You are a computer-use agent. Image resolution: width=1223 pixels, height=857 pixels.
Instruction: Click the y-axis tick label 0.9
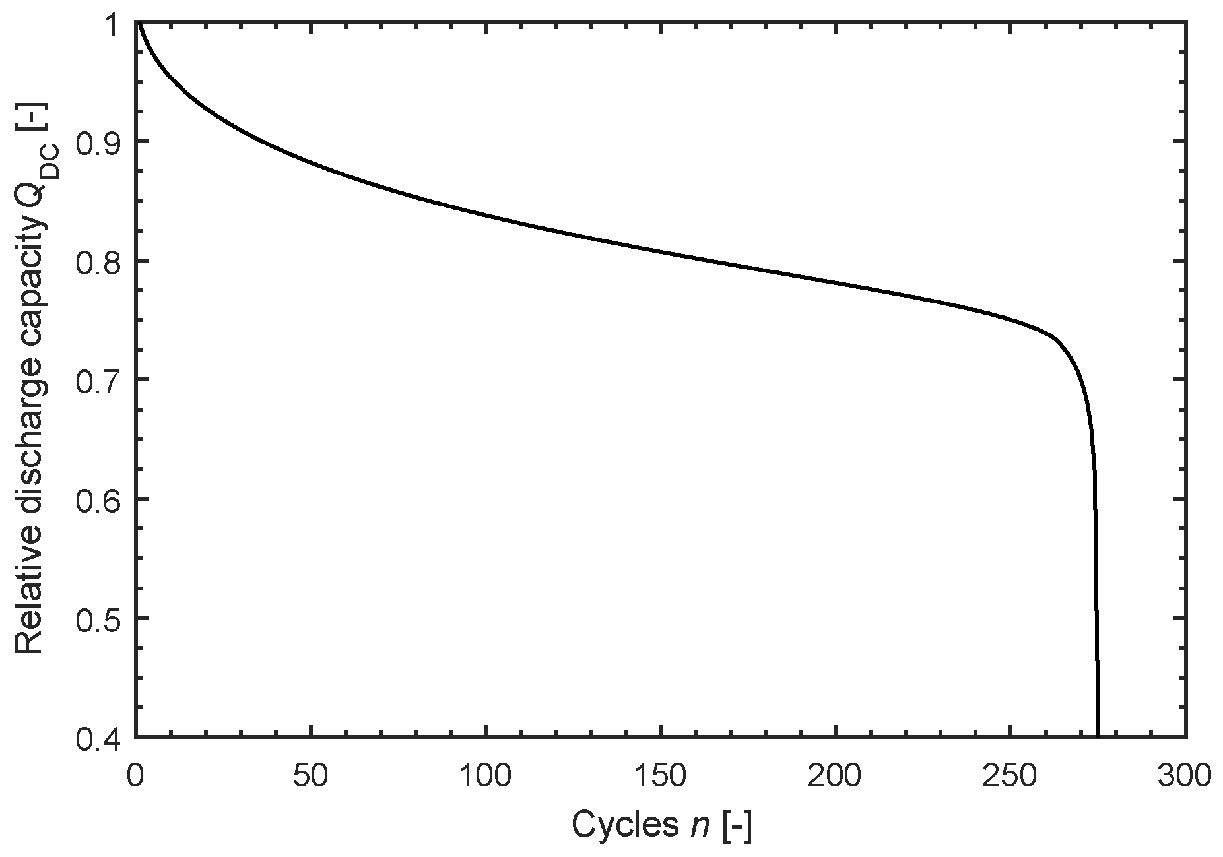coord(98,143)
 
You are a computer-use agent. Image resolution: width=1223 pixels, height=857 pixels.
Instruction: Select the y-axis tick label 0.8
coord(98,261)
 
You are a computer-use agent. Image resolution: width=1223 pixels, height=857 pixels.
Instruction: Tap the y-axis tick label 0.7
coord(98,380)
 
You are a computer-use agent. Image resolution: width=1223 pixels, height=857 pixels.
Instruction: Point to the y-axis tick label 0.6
coord(98,499)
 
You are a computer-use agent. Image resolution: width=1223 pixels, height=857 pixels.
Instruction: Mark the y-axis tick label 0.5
coord(98,618)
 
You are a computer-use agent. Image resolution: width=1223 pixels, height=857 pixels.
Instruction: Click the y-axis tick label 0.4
coord(98,737)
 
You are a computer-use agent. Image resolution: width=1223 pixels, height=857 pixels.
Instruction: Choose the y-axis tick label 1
coord(116,24)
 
